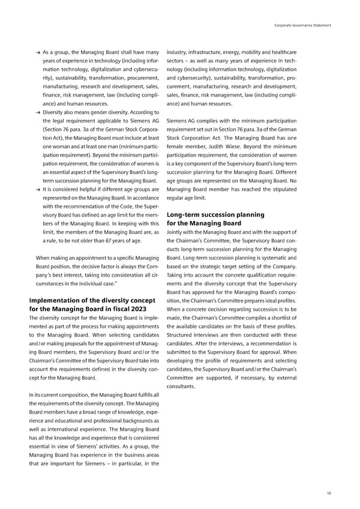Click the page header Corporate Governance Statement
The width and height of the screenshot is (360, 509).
coord(303,25)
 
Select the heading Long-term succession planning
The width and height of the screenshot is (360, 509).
coord(215,214)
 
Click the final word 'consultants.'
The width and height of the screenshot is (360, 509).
coord(182,387)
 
